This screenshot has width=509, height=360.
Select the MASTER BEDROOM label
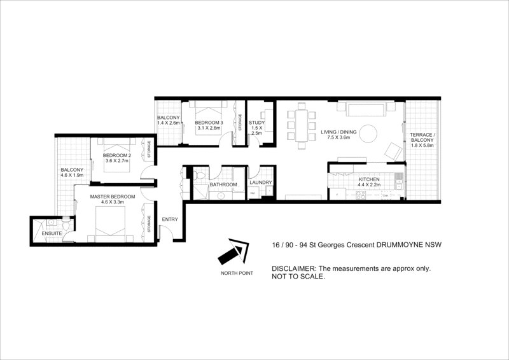112,197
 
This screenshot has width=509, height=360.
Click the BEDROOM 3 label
209,122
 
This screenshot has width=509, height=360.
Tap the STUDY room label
256,123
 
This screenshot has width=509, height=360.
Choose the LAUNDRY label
261,183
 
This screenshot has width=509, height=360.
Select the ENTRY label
170,219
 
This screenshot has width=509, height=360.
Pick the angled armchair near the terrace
393,151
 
